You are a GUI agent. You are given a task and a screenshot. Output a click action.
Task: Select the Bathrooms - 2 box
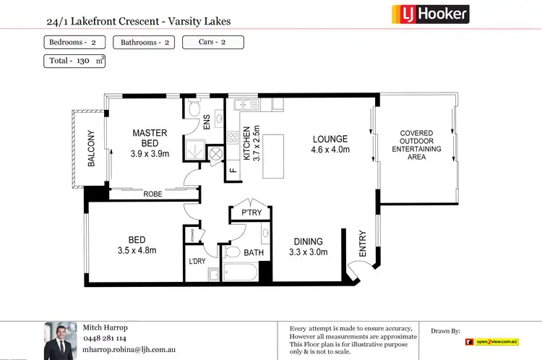[x=145, y=43]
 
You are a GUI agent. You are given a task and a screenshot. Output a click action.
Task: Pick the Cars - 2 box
[x=212, y=43]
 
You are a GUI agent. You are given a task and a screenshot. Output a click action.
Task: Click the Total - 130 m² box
[x=74, y=61]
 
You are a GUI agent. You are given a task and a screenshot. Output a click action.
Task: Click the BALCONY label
[x=91, y=148]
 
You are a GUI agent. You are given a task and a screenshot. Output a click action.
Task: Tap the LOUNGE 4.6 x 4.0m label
[x=330, y=145]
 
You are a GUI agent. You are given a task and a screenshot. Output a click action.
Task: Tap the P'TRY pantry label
[x=241, y=213]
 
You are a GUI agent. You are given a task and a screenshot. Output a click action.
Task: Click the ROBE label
[x=152, y=194]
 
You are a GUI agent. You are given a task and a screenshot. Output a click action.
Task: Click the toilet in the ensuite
[x=193, y=108]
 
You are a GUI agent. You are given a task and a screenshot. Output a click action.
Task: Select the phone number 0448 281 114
[x=106, y=338]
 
